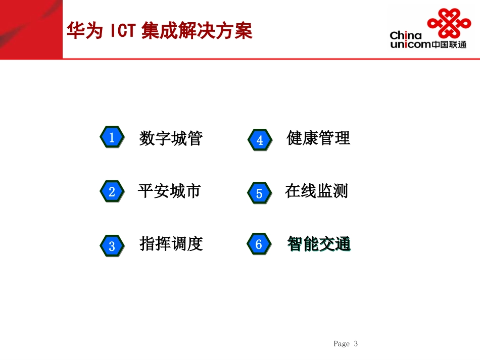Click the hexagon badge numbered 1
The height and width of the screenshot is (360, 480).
pyautogui.click(x=112, y=137)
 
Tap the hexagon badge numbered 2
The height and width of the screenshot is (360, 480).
pyautogui.click(x=112, y=191)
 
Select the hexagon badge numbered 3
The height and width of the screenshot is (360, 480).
pyautogui.click(x=112, y=246)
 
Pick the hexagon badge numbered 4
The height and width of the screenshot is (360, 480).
pyautogui.click(x=260, y=140)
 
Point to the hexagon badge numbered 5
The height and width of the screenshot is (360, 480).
pyautogui.click(x=259, y=193)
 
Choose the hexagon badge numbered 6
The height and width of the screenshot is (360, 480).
pyautogui.click(x=259, y=244)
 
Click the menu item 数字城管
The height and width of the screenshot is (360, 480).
pyautogui.click(x=171, y=138)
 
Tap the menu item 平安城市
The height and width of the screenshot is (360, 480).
pyautogui.click(x=169, y=191)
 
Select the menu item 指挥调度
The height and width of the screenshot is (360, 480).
pyautogui.click(x=171, y=244)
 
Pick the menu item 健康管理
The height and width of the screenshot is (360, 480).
pyautogui.click(x=318, y=138)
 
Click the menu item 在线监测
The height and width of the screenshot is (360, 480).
pyautogui.click(x=316, y=191)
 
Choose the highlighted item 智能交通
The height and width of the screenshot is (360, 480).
pyautogui.click(x=319, y=244)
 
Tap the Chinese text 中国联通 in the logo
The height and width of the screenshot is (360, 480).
pyautogui.click(x=449, y=44)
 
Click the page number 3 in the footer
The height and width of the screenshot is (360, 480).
pyautogui.click(x=356, y=344)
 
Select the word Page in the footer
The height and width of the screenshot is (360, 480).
pyautogui.click(x=342, y=344)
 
